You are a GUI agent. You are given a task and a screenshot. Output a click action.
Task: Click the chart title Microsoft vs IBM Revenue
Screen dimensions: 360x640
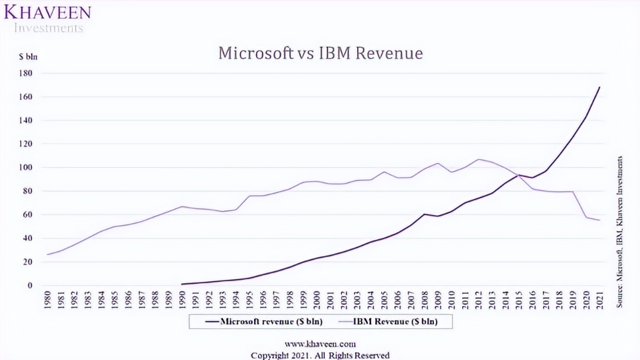point(320,53)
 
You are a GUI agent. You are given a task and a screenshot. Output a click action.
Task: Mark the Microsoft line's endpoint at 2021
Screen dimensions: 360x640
point(599,87)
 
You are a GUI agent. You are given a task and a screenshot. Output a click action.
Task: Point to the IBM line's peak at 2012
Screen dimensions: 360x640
point(478,160)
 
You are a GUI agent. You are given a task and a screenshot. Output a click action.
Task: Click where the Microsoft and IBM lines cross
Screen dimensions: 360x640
point(519,175)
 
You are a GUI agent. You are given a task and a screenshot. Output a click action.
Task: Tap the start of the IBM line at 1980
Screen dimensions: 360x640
point(47,254)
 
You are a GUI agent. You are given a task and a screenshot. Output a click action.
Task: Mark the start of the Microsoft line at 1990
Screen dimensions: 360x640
point(183,284)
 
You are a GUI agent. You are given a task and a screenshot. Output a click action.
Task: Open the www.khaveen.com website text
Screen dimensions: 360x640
point(320,344)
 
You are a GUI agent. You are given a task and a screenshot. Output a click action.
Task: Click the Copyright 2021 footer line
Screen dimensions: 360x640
point(320,355)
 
